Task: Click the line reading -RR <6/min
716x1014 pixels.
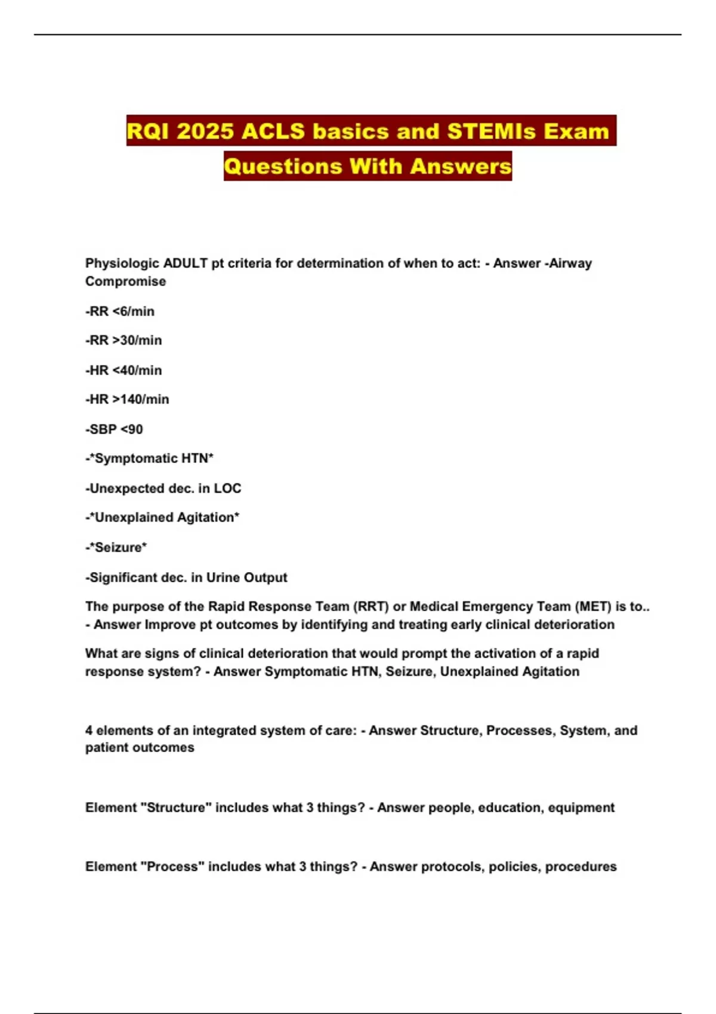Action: point(120,311)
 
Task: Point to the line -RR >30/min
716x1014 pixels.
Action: point(124,341)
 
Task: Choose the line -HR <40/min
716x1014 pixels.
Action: point(124,370)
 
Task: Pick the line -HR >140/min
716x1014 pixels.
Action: point(127,400)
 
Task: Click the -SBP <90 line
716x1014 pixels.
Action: point(114,429)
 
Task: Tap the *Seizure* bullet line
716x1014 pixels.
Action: point(116,548)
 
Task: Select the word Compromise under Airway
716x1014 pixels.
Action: point(125,282)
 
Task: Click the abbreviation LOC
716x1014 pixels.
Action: point(227,489)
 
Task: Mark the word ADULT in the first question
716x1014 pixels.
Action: point(185,264)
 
